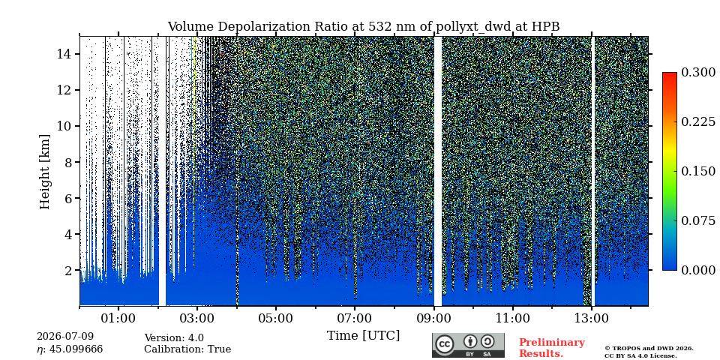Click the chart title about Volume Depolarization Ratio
click(363, 27)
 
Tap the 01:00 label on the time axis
click(118, 318)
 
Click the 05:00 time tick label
click(276, 318)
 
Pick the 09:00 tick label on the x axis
click(434, 318)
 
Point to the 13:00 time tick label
click(592, 318)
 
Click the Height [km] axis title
click(44, 172)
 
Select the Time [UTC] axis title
click(363, 336)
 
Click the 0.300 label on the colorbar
click(698, 73)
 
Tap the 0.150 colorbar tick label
click(698, 171)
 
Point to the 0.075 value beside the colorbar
click(698, 220)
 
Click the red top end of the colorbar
click(670, 74)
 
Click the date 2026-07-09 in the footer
click(65, 337)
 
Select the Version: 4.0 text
click(174, 338)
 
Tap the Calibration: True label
click(187, 349)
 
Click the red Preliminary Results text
click(552, 348)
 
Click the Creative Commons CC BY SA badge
click(468, 345)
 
